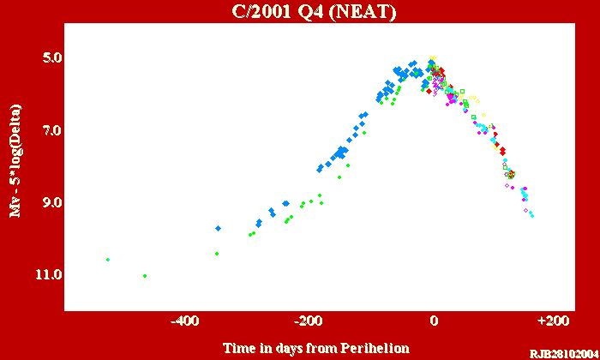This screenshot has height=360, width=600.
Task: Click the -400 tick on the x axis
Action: point(185,321)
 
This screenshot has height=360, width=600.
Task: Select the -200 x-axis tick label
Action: point(309,321)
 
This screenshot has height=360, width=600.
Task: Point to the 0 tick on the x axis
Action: point(434,321)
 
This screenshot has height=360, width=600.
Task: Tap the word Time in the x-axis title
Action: point(237,347)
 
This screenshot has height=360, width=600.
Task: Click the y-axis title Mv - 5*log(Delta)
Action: point(15,161)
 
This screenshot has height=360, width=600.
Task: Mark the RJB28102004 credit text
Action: point(562,353)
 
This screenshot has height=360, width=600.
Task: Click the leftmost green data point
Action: point(108,259)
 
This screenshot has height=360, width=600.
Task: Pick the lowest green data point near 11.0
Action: point(145,275)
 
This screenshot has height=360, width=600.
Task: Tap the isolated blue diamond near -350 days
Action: point(219,228)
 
